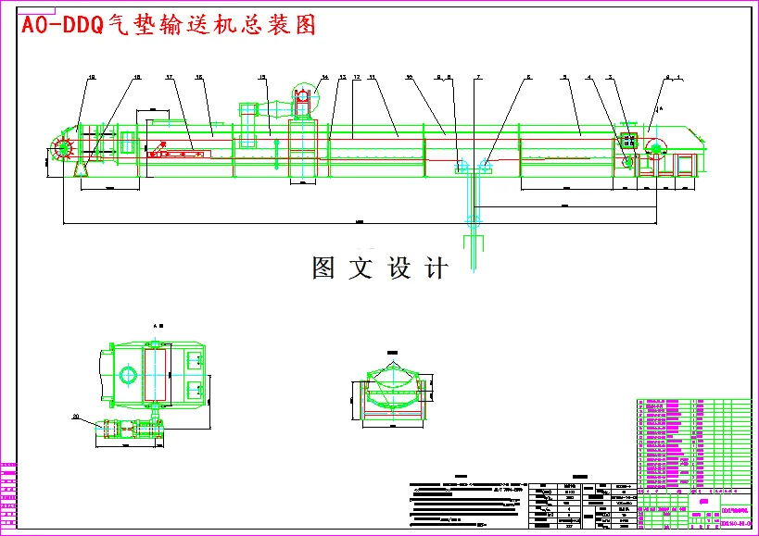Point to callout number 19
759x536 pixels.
[92, 78]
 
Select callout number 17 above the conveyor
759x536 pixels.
[170, 78]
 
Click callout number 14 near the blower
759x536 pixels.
[325, 78]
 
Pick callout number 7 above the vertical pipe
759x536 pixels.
[478, 78]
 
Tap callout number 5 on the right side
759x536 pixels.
[564, 78]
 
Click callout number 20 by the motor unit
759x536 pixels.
[76, 417]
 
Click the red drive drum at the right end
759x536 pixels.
[654, 148]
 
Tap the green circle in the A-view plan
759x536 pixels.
[128, 375]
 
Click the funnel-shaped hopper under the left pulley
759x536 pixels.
[82, 168]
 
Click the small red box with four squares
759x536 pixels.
[627, 142]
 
